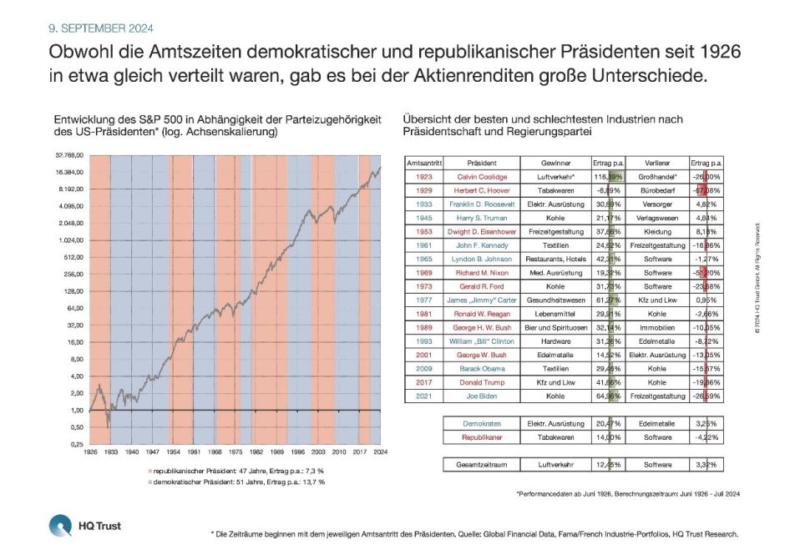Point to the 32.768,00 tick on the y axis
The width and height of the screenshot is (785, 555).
coord(69,155)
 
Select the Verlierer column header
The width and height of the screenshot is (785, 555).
coord(657,163)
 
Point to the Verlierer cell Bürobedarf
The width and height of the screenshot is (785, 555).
coord(657,190)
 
